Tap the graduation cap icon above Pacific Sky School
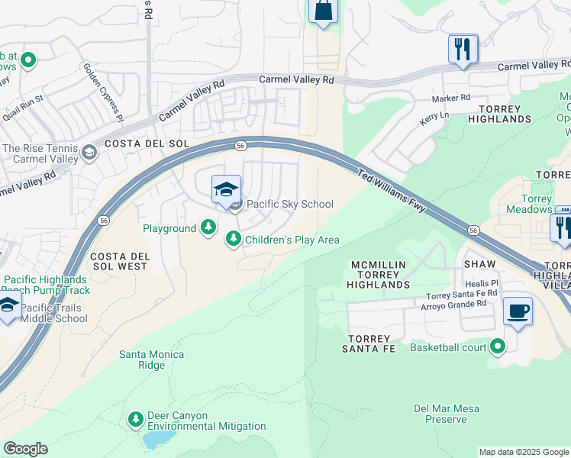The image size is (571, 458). [226, 189]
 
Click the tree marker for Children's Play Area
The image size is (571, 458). [234, 240]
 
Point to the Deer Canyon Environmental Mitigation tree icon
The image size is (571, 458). [136, 419]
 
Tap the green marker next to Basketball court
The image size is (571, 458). [498, 347]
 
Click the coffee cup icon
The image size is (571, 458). [518, 311]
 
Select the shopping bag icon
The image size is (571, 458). [323, 11]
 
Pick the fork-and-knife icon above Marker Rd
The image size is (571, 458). [463, 49]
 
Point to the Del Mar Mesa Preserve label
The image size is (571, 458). [446, 414]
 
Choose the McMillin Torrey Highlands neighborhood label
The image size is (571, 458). [379, 274]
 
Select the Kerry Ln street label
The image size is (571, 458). [434, 118]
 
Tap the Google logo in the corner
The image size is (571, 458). [25, 449]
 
